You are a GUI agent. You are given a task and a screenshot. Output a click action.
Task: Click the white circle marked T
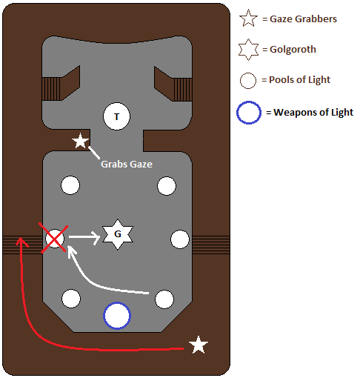tap(116, 116)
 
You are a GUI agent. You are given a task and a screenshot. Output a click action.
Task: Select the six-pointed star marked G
tap(118, 234)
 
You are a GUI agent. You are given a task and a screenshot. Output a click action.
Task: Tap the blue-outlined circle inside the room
tap(117, 316)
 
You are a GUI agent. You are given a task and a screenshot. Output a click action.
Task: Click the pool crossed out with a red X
tap(55, 239)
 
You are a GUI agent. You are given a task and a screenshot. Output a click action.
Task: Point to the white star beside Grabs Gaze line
tap(80, 141)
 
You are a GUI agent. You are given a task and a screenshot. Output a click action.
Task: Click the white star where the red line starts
tap(199, 345)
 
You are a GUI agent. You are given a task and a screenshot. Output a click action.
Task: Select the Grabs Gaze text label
tap(127, 165)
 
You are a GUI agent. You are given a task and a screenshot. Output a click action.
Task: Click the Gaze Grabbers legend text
tap(303, 19)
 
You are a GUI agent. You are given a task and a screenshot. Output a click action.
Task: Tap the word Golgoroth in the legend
tap(293, 50)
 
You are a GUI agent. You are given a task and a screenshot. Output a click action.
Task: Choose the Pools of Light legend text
tap(299, 80)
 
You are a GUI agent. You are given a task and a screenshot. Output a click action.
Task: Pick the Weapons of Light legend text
tap(313, 113)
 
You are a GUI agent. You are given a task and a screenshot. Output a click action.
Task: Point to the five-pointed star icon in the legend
tap(248, 18)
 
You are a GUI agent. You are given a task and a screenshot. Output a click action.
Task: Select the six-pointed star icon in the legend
tap(248, 50)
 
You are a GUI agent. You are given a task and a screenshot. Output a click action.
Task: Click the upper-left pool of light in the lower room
tap(70, 185)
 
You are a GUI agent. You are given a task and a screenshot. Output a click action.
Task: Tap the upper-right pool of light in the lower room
tap(167, 186)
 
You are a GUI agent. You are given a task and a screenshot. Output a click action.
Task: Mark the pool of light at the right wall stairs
tap(180, 239)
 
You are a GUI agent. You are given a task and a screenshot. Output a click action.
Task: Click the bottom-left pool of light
tap(71, 299)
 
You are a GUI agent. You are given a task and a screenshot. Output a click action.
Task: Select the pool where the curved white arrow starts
tap(164, 299)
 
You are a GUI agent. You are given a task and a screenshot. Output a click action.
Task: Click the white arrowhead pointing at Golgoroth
tap(96, 237)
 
